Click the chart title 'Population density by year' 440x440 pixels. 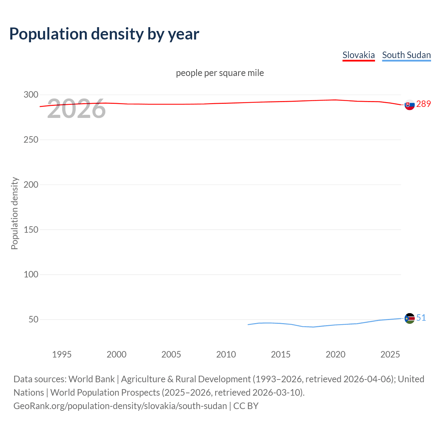(104, 34)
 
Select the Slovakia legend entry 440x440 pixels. (359, 55)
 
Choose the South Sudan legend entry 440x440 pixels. (406, 55)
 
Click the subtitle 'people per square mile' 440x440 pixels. (220, 73)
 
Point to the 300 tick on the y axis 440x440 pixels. (31, 95)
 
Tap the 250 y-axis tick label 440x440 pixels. (31, 140)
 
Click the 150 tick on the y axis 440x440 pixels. (31, 230)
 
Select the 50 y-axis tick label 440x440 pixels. (33, 319)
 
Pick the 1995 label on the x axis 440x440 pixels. (62, 354)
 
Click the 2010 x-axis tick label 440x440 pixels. (226, 354)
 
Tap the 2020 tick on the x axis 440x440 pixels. (335, 354)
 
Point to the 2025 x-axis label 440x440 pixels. (390, 354)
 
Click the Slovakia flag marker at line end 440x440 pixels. (409, 105)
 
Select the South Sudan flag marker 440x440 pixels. (409, 319)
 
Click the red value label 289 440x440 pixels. (423, 104)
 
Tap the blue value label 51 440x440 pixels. (421, 318)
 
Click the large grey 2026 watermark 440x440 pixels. (76, 109)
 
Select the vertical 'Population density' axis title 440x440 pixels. (14, 213)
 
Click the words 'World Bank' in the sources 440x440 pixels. (91, 379)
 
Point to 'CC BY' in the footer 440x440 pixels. (246, 406)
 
